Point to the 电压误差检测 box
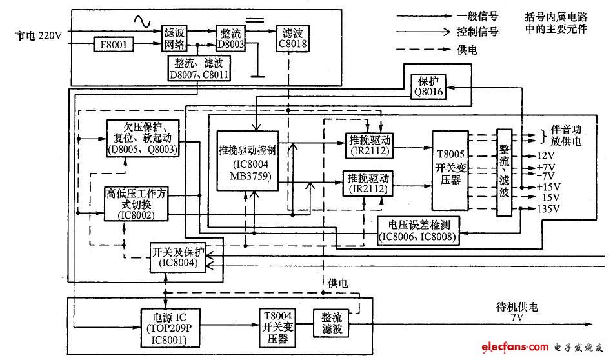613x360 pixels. click(x=419, y=231)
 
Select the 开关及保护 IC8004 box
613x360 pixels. click(x=176, y=257)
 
